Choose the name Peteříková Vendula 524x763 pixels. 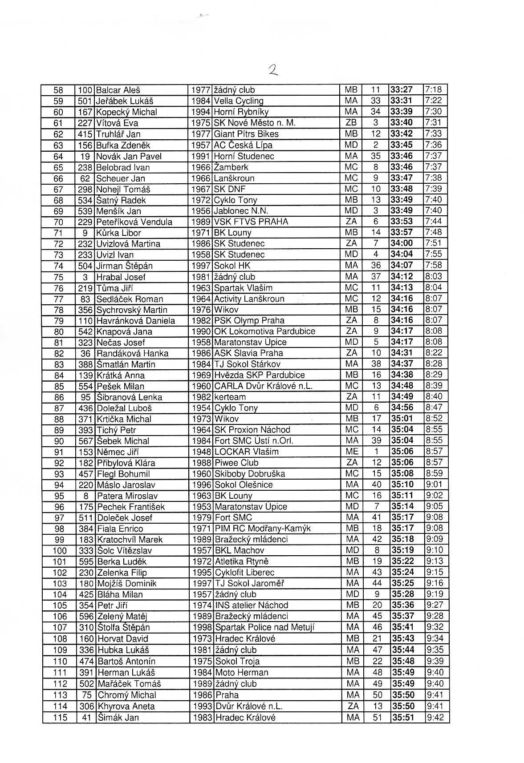pyautogui.click(x=134, y=222)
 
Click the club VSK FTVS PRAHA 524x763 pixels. pyautogui.click(x=251, y=222)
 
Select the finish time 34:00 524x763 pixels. pyautogui.click(x=401, y=244)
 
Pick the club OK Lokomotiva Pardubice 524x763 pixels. pyautogui.click(x=264, y=331)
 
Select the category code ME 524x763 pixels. pyautogui.click(x=351, y=452)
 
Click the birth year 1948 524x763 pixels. pyautogui.click(x=201, y=452)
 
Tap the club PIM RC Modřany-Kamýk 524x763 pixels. pyautogui.click(x=262, y=529)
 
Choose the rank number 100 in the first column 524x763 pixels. pyautogui.click(x=60, y=551)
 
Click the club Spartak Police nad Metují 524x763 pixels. pyautogui.click(x=264, y=628)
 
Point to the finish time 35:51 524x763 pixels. pyautogui.click(x=402, y=718)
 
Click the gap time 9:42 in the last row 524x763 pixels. pyautogui.click(x=435, y=718)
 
